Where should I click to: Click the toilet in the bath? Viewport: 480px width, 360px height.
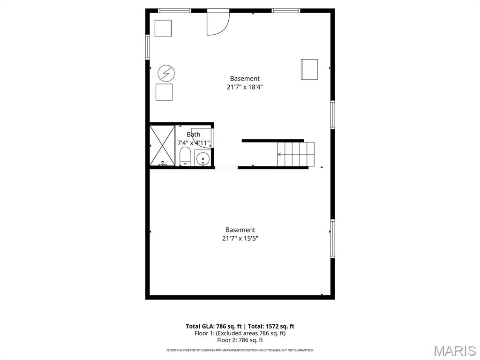(185, 156)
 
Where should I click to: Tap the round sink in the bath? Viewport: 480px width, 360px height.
(202, 159)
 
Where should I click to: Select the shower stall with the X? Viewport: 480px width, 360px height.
(162, 145)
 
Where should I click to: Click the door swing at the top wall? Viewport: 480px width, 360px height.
(217, 23)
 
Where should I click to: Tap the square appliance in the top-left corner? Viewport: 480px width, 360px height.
(163, 28)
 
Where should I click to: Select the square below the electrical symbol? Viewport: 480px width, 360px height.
(164, 92)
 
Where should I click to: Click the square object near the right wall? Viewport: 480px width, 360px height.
(309, 69)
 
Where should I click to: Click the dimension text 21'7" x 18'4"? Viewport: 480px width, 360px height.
(244, 87)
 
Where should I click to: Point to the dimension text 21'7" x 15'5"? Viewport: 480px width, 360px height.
(240, 238)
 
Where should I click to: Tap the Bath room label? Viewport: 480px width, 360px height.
(193, 135)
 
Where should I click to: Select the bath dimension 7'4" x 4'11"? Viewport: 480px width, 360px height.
(193, 143)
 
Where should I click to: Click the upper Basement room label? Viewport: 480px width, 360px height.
(244, 79)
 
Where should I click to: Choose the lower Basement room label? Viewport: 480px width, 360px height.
(240, 230)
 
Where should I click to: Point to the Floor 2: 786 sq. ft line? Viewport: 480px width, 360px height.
(240, 340)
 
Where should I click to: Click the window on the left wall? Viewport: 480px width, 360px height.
(147, 47)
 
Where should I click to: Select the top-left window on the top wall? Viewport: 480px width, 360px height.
(174, 10)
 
